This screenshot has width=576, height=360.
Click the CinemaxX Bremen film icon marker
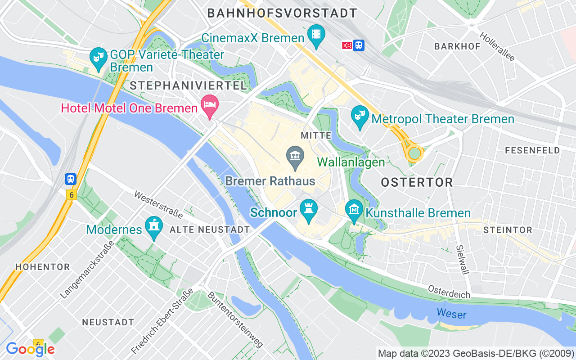[316, 35]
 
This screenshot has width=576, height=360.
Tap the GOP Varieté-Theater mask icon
[99, 58]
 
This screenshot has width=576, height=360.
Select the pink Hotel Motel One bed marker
[209, 105]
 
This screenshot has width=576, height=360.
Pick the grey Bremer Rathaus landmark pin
[295, 157]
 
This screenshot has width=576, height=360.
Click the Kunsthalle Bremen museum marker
[354, 210]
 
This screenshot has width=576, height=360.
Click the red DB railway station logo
[346, 45]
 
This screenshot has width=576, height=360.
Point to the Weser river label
[451, 314]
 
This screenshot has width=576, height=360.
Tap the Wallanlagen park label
[351, 162]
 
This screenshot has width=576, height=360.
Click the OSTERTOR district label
[417, 182]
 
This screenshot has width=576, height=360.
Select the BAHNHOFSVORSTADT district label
[282, 13]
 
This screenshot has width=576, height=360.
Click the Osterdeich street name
[449, 292]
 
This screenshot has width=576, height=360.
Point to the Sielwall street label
[462, 260]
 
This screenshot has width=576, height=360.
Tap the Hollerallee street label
[497, 46]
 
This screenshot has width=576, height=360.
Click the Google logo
[30, 349]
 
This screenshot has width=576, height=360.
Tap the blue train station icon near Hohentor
[71, 179]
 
